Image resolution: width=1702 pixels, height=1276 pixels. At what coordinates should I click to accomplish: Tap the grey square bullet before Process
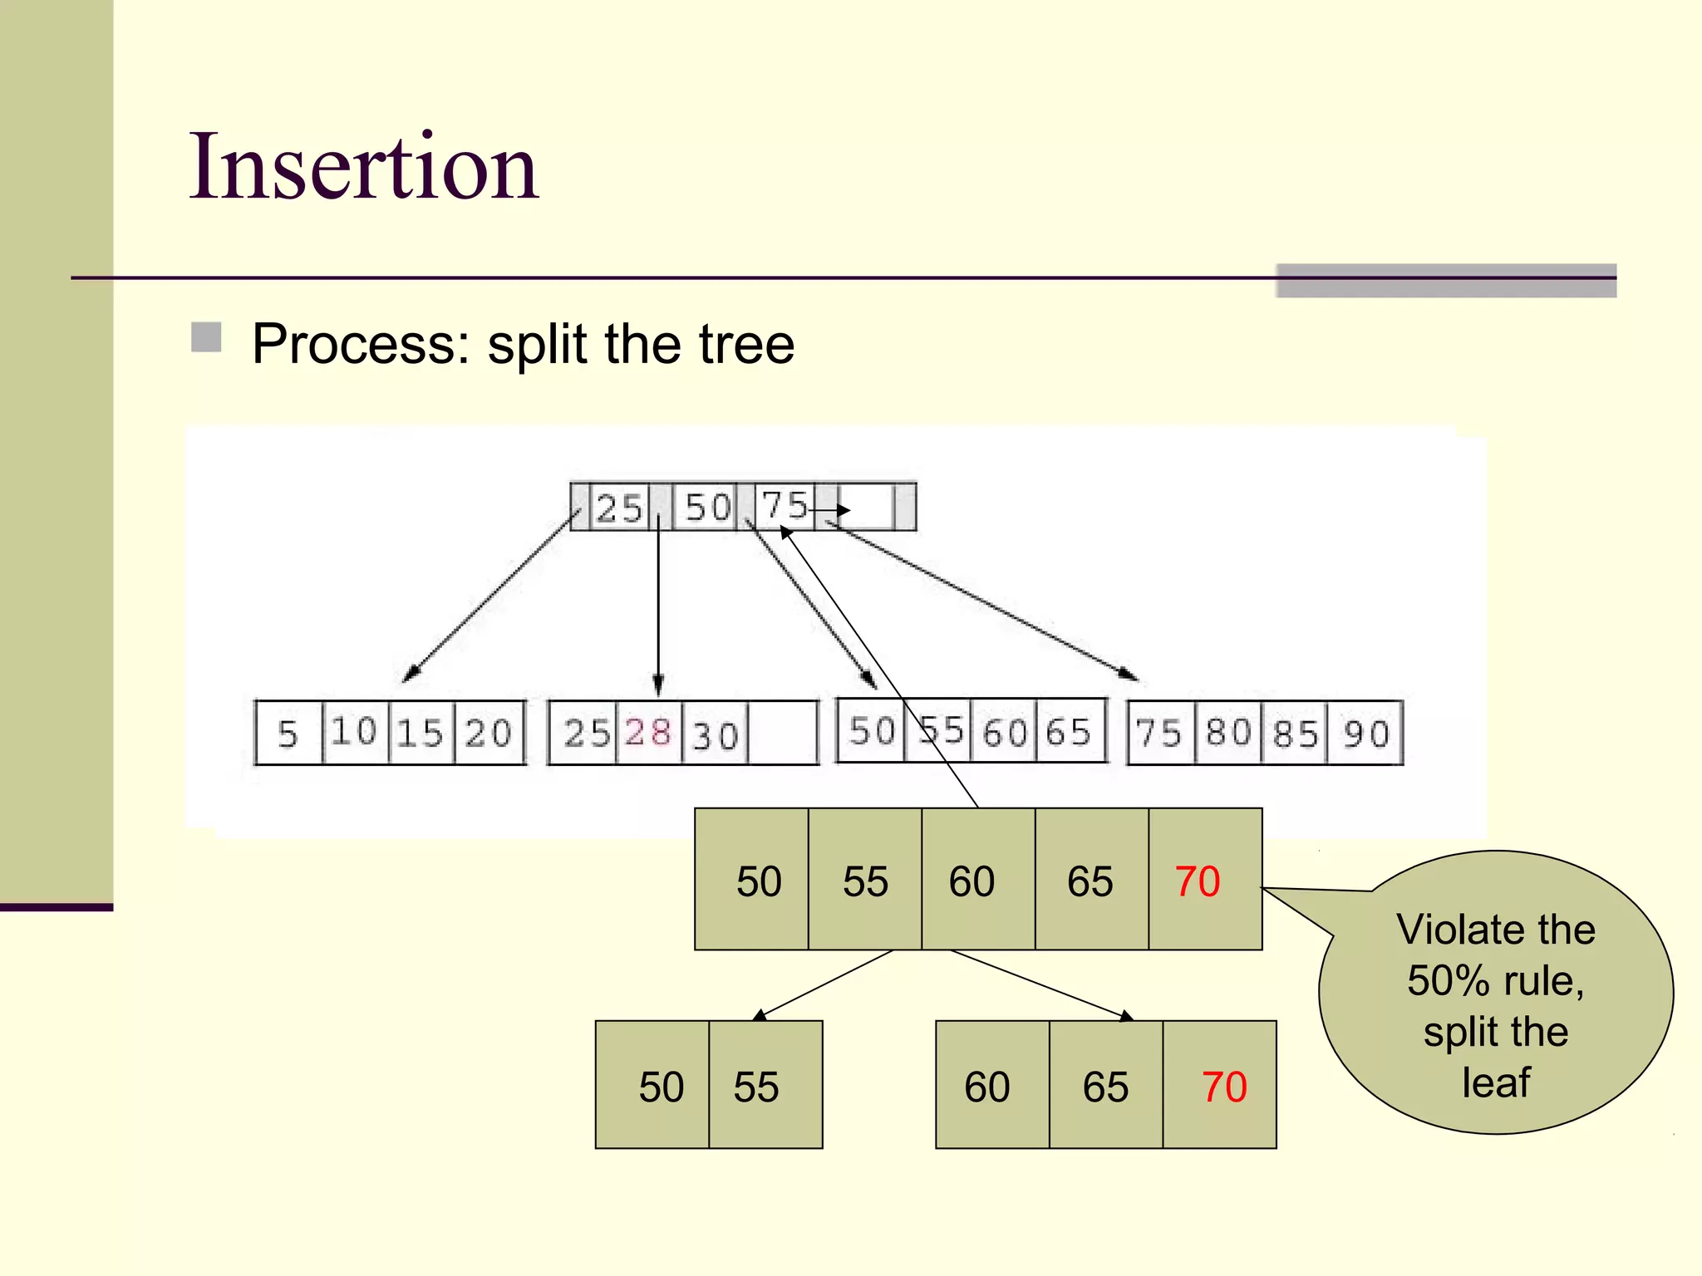[206, 338]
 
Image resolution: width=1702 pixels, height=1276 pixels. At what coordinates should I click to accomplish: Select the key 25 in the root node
[619, 508]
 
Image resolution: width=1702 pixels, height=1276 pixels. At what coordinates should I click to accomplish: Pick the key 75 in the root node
[785, 505]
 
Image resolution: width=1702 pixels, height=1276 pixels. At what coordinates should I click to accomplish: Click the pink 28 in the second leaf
[648, 733]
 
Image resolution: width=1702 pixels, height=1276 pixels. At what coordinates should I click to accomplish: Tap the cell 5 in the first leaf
[288, 734]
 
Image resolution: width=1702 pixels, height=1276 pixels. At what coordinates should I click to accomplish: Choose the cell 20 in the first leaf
[489, 734]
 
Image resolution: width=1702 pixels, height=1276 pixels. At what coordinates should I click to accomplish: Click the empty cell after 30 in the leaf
[782, 734]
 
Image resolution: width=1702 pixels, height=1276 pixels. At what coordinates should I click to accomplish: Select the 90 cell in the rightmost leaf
[1366, 734]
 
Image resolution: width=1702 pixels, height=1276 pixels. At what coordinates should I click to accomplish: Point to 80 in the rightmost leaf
[1228, 733]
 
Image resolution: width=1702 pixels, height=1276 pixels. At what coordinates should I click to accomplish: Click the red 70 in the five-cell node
[1198, 881]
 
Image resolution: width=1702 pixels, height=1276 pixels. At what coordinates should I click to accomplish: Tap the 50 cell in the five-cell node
[759, 881]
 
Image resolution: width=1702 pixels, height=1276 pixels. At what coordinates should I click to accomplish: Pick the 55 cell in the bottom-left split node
[756, 1087]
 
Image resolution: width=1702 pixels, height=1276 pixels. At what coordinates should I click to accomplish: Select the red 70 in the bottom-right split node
[1224, 1087]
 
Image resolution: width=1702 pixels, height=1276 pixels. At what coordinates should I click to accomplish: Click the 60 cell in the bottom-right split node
[987, 1087]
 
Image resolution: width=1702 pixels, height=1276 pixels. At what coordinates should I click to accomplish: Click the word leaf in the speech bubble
[1496, 1083]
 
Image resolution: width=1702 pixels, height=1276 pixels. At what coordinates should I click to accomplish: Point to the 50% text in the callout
[1448, 981]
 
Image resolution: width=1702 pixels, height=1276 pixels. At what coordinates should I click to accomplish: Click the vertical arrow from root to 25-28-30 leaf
[658, 606]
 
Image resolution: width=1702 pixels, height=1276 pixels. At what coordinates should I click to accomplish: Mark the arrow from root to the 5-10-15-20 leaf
[490, 596]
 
